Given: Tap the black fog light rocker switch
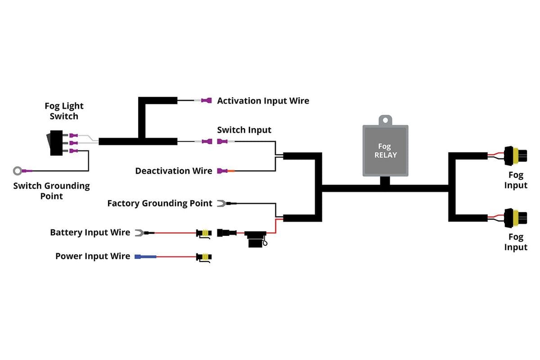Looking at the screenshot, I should (57, 143).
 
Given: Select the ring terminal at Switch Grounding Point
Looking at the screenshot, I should (18, 171).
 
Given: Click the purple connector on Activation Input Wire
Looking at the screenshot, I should (207, 100).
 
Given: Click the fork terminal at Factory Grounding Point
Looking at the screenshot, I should (221, 203).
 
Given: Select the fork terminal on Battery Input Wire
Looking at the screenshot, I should (139, 233).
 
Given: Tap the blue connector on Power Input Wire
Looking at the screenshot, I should (145, 256).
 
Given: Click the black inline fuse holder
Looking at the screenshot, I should (255, 239).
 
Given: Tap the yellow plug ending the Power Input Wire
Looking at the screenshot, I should (204, 257).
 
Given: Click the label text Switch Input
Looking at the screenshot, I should (244, 130).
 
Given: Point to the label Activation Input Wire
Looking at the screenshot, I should (263, 101).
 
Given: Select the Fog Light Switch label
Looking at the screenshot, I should (64, 111).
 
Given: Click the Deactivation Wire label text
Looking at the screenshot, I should (173, 171).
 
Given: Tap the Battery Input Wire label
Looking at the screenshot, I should (90, 233).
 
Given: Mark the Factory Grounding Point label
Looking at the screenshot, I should (159, 203).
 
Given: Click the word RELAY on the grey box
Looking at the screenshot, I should (385, 155).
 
